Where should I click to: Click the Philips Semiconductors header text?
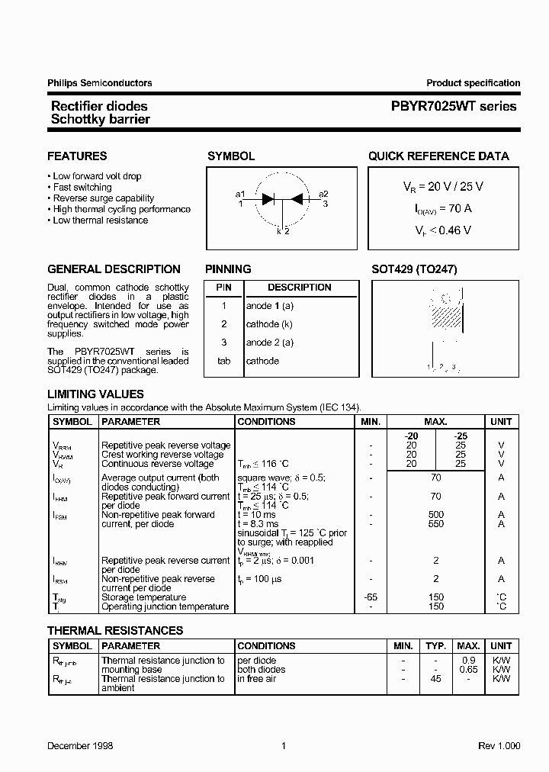(100, 83)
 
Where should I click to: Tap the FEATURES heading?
(77, 156)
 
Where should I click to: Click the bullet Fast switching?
(82, 187)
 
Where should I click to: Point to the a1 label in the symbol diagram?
(240, 194)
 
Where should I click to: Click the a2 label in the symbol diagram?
(323, 194)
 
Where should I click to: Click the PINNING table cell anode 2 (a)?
(269, 343)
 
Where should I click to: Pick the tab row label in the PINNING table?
(224, 361)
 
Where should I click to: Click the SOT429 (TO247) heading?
(414, 269)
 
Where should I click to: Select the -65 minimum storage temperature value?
(371, 597)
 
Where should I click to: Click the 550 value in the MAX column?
(435, 524)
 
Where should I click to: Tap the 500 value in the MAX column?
(435, 515)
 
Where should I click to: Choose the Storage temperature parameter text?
(143, 597)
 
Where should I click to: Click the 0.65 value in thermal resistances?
(468, 670)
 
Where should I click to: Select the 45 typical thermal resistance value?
(435, 679)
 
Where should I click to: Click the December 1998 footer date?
(80, 746)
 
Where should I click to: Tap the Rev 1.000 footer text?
(499, 746)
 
